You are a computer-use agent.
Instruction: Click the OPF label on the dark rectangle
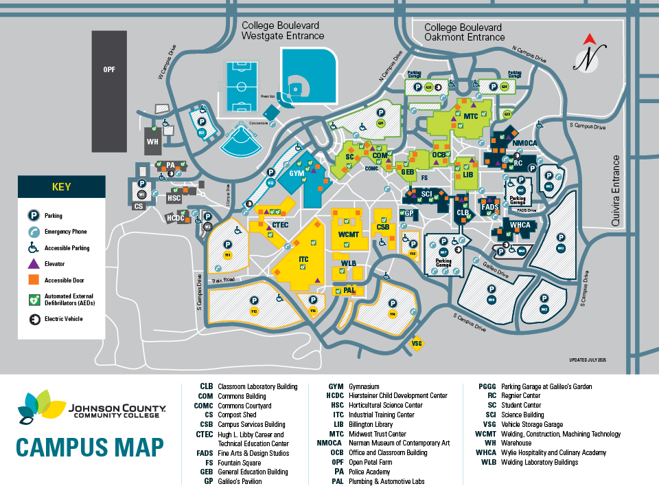pos(109,69)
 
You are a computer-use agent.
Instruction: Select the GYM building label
pos(297,173)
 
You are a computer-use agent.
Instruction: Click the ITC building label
pos(303,259)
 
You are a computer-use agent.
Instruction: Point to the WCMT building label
pos(349,234)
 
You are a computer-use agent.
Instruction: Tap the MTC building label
pos(470,116)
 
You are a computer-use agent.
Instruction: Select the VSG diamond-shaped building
pos(416,342)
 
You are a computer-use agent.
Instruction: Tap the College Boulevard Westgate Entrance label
pos(283,30)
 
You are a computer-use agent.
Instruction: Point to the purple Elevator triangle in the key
pos(32,264)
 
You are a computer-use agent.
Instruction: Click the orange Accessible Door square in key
pos(32,280)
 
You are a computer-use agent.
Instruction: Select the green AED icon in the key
pos(32,300)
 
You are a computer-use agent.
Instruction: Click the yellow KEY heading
pos(61,186)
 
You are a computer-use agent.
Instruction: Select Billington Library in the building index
pos(371,425)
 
